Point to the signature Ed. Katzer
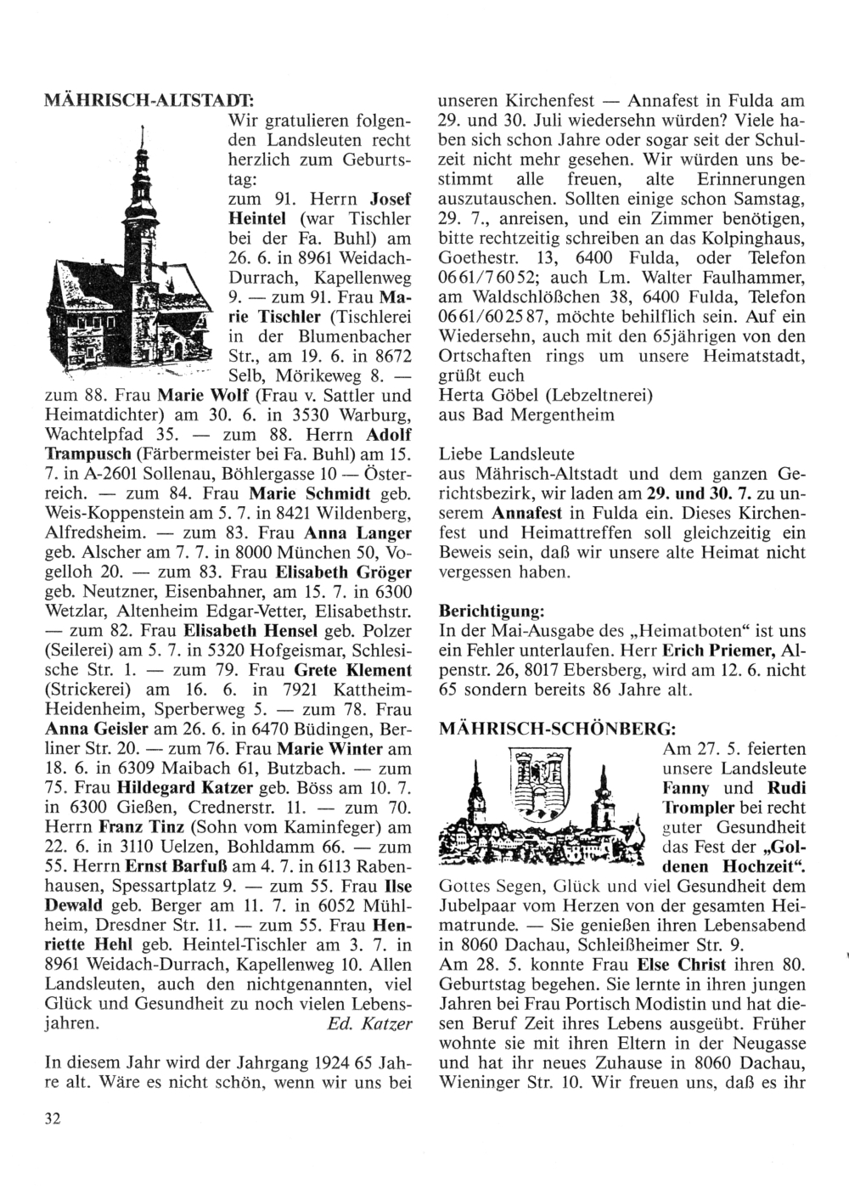[x=369, y=1023]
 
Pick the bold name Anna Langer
[x=366, y=533]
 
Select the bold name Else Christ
[x=675, y=965]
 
